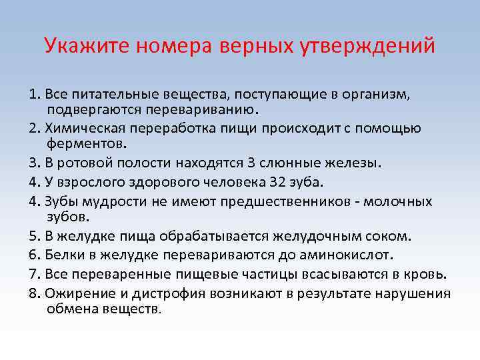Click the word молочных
tap(401, 201)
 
